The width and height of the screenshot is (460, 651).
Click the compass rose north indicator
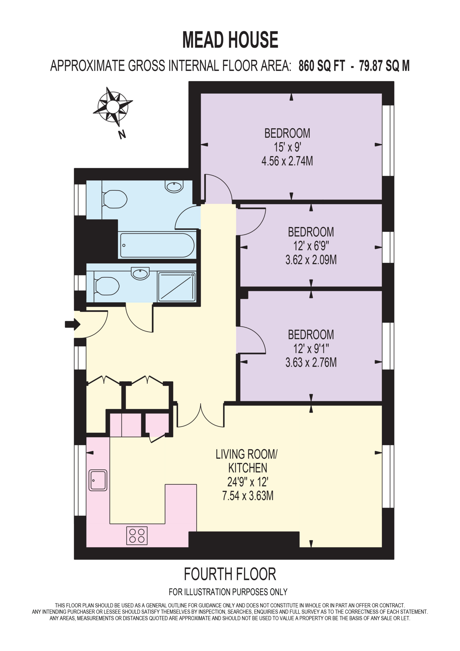[x=113, y=107]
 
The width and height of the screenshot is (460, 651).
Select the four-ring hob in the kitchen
[x=137, y=536]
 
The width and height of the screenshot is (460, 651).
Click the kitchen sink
[x=98, y=480]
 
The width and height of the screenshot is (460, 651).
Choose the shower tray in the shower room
[x=177, y=287]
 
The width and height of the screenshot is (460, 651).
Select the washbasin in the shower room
[x=140, y=273]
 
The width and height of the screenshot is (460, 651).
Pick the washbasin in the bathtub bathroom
[x=174, y=187]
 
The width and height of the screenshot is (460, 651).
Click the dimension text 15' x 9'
[x=287, y=147]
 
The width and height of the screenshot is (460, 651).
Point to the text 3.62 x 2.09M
[x=311, y=260]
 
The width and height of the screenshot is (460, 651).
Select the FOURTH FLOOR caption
[x=230, y=574]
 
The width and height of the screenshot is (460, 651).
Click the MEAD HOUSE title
[x=230, y=40]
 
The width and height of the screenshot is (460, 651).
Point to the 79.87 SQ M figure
[x=384, y=66]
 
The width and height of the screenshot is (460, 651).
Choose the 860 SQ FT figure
[x=322, y=66]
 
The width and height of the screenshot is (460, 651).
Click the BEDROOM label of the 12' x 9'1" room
[x=311, y=335]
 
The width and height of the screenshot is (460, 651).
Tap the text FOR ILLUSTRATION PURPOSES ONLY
[x=228, y=592]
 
